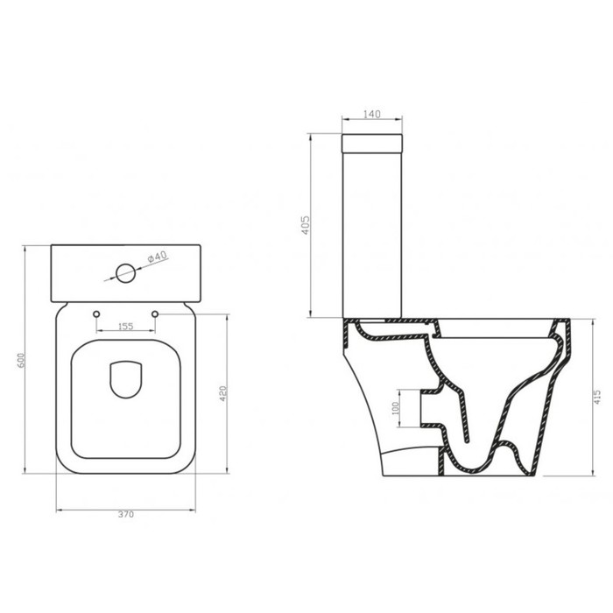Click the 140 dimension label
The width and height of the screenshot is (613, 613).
[370, 114]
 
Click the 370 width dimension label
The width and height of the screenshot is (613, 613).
[125, 515]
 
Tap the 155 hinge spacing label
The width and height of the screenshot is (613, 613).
[125, 327]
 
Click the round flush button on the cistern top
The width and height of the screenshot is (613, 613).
[126, 272]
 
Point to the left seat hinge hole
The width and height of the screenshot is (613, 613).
[95, 314]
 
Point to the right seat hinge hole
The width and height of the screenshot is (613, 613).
[156, 314]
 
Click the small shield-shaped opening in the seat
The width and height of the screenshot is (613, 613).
[125, 379]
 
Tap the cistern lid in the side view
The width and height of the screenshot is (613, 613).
[370, 142]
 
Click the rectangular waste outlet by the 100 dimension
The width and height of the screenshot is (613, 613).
[429, 409]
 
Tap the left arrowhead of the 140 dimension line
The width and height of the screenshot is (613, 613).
[342, 119]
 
